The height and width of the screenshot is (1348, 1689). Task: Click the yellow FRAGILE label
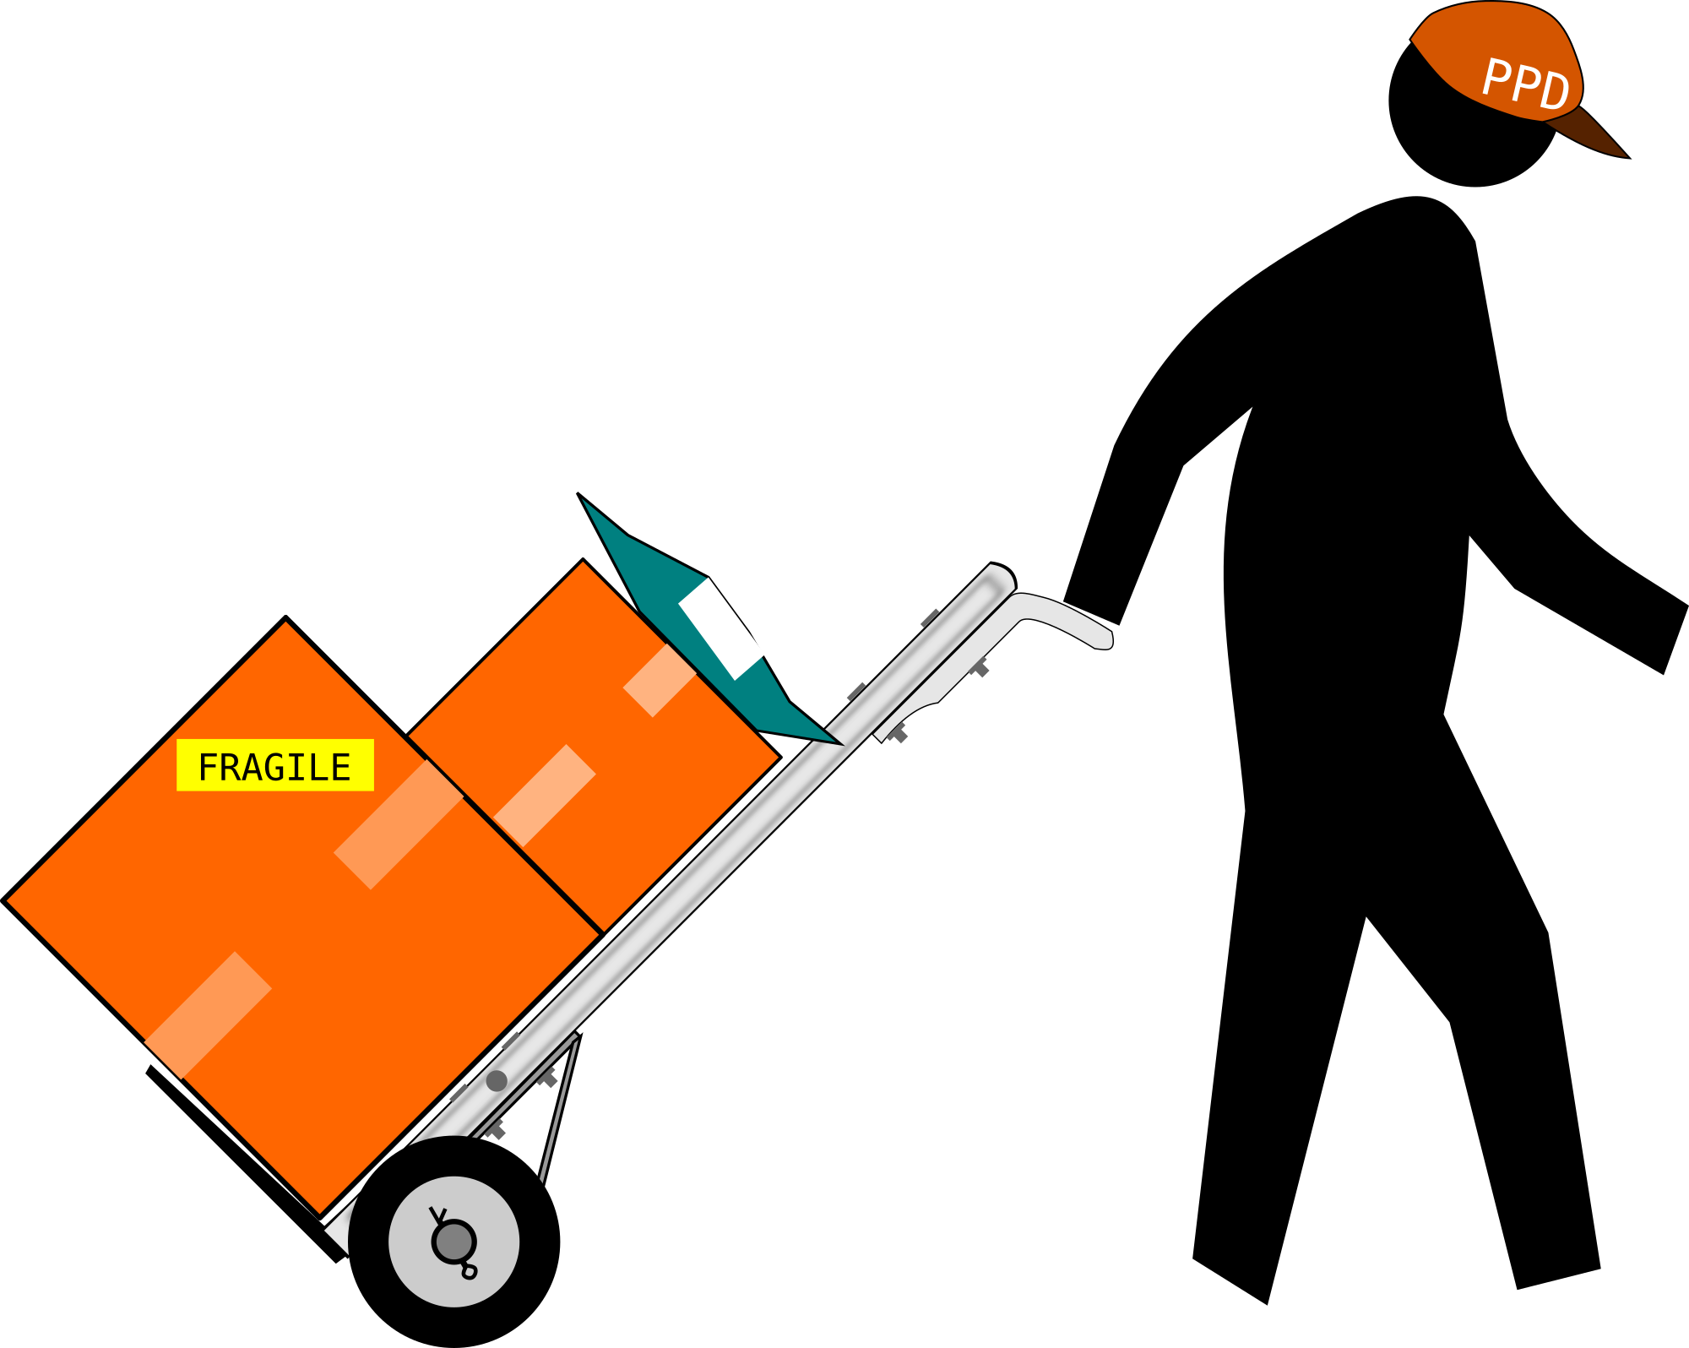[274, 765]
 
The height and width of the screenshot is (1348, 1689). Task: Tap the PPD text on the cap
[1526, 84]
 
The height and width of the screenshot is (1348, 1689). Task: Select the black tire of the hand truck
[454, 1242]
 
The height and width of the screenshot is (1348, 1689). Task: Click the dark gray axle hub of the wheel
[454, 1242]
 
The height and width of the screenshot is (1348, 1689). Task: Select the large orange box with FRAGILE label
[302, 917]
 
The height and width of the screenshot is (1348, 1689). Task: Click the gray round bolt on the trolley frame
[497, 1080]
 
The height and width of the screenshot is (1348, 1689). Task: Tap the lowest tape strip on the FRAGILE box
[208, 1015]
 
